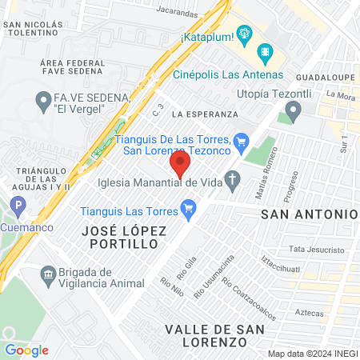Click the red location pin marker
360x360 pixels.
coord(180,166)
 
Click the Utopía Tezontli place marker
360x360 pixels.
coord(293,114)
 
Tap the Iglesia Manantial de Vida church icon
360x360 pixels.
coord(234,181)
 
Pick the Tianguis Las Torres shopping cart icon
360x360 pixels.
coord(190,211)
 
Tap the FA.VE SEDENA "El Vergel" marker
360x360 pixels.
coord(44,102)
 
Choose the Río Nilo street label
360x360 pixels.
coord(171,287)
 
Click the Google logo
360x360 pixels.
coord(27,350)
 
